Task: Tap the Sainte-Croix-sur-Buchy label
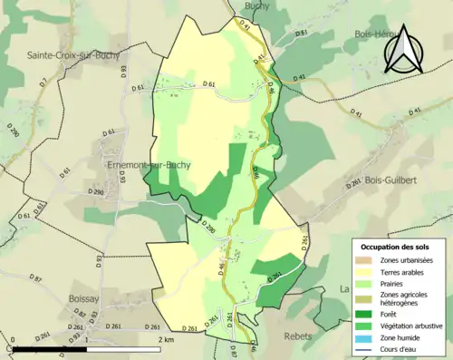[65, 54]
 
